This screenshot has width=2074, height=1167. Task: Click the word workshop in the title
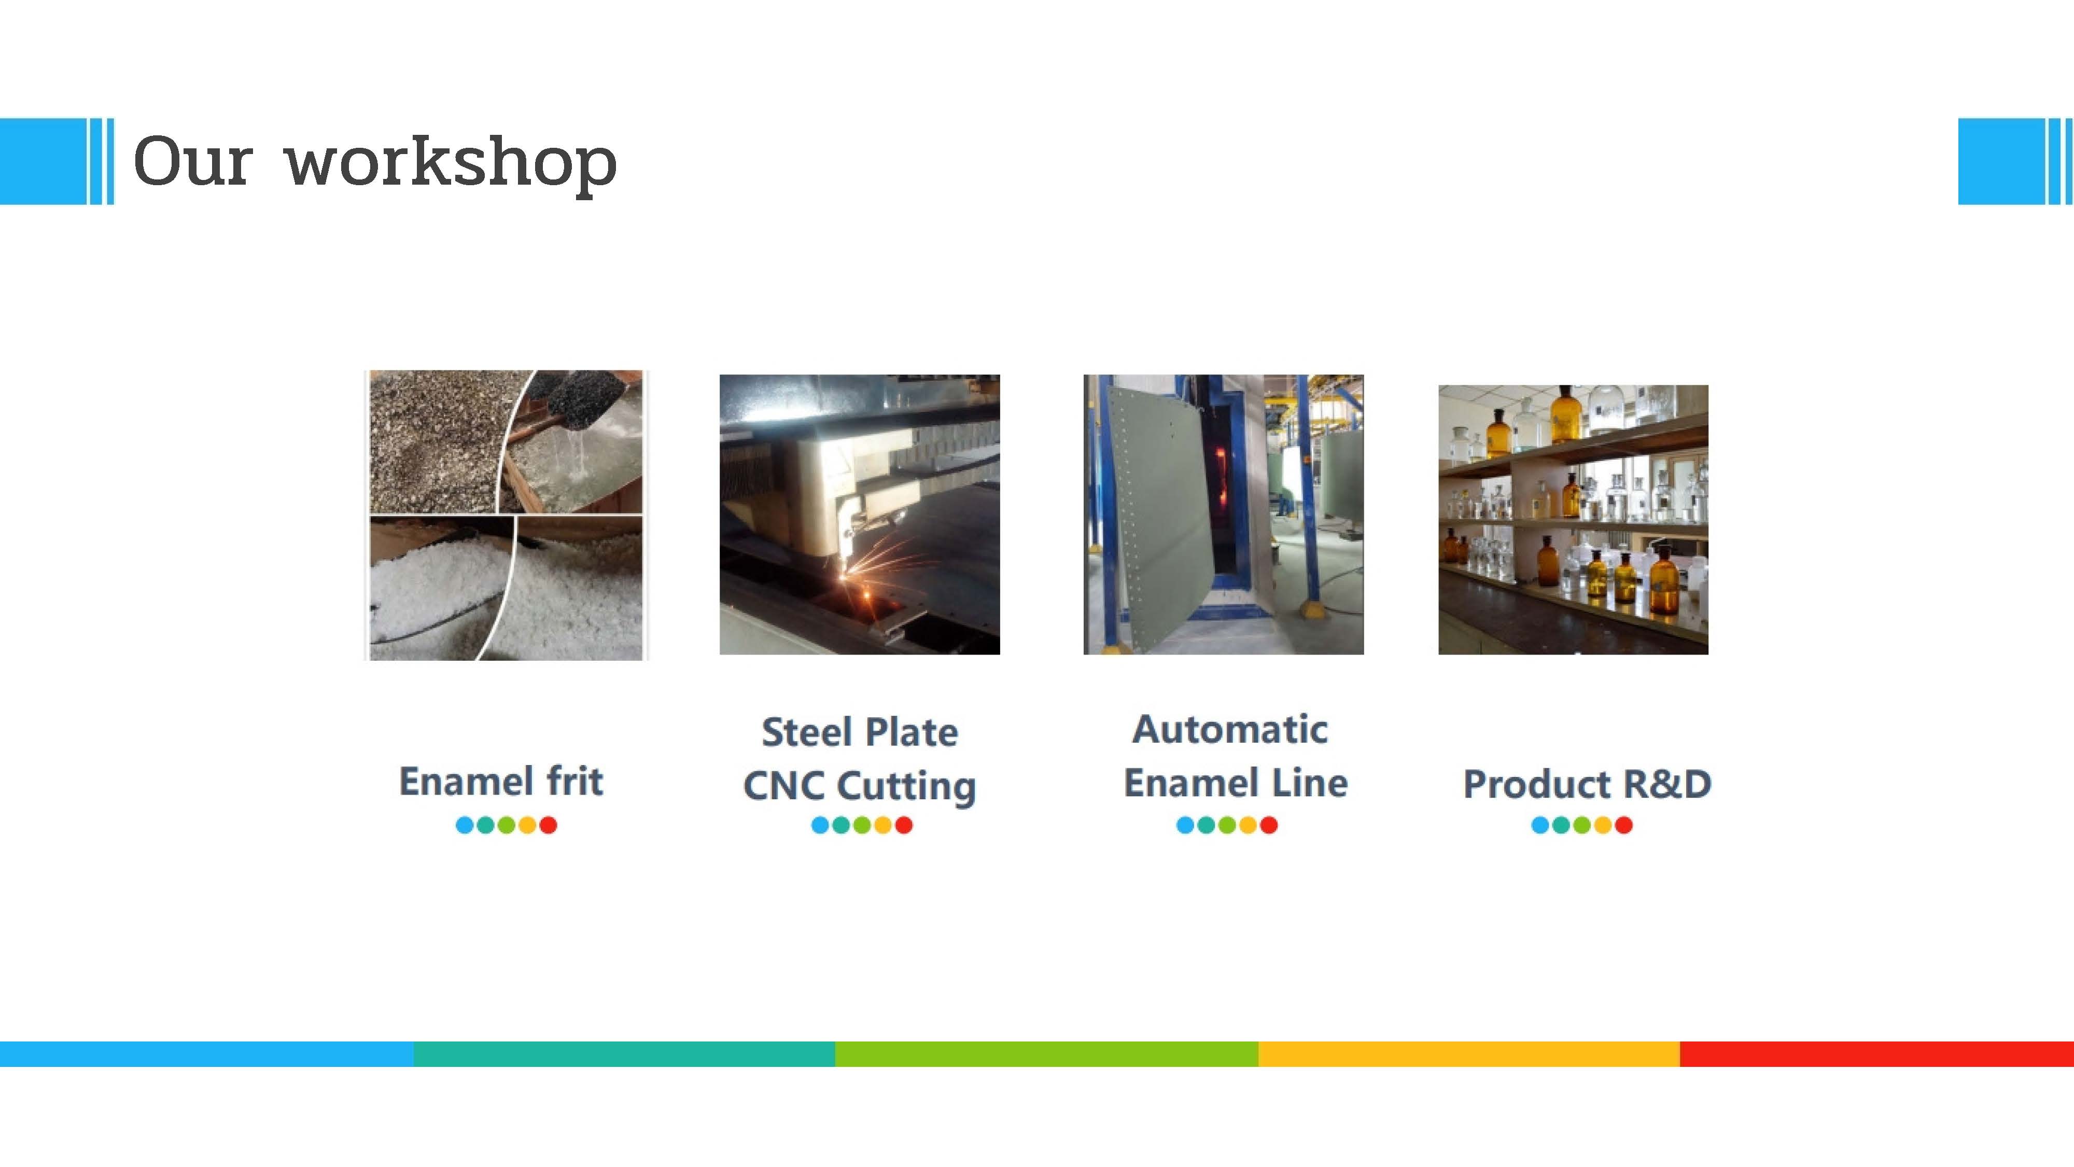click(x=452, y=163)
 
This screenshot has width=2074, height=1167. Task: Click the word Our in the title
click(x=193, y=161)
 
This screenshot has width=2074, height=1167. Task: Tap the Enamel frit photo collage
click(x=506, y=516)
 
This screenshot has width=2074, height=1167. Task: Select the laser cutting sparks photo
click(x=859, y=515)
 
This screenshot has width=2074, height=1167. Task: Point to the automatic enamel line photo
click(x=1223, y=515)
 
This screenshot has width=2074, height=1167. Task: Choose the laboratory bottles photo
click(x=1573, y=520)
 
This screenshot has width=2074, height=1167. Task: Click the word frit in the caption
click(x=575, y=781)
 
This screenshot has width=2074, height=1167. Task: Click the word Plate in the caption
click(x=912, y=732)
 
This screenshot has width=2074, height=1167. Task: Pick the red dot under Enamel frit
click(x=548, y=825)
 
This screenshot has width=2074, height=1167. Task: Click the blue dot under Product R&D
click(x=1539, y=825)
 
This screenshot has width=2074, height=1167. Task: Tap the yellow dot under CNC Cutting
click(x=882, y=825)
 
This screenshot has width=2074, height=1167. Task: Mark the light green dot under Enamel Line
click(x=1227, y=825)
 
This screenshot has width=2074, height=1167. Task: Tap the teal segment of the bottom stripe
click(x=624, y=1053)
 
